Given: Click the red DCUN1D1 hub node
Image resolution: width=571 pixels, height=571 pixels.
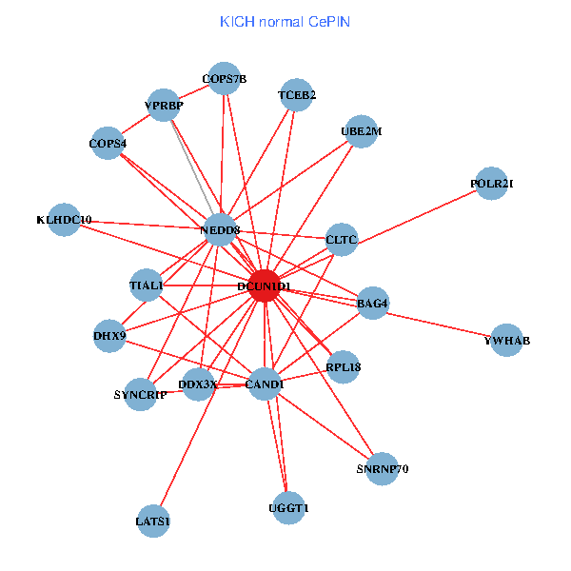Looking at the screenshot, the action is [x=264, y=286].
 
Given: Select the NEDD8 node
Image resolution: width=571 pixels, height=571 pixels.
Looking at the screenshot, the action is [x=220, y=229].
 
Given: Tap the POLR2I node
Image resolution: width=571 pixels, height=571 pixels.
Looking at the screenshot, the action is [x=491, y=184].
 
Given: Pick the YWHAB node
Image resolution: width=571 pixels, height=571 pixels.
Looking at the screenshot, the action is [x=507, y=341].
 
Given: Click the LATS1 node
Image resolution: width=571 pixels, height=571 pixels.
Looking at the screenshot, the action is [x=154, y=522].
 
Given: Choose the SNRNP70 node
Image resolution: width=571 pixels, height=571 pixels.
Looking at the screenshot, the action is [x=382, y=468].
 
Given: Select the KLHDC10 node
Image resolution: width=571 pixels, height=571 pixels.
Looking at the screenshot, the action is [x=64, y=220].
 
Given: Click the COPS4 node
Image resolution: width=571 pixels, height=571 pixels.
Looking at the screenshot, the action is [x=108, y=144].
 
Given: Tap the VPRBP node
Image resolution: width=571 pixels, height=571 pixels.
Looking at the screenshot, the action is [x=164, y=105].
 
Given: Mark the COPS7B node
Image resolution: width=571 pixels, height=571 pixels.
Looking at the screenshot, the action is [x=225, y=79].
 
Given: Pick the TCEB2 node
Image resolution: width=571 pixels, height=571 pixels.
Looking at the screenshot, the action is [x=297, y=95].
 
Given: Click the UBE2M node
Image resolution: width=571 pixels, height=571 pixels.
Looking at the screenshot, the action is [x=360, y=132].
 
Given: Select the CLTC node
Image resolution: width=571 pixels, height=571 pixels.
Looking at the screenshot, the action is [x=341, y=240].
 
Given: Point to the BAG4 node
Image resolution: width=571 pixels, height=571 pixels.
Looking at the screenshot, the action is [x=372, y=304].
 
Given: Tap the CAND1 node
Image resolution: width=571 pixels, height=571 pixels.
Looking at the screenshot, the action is [x=265, y=384].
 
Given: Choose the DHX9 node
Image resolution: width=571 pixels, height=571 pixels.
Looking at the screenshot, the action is [x=109, y=336].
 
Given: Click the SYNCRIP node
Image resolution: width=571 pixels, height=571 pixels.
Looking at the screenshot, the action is [x=140, y=394].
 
